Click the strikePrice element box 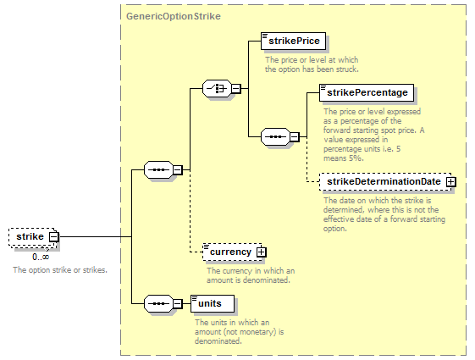[x=293, y=41]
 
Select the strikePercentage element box [x=367, y=92]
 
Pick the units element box [x=213, y=303]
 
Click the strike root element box [x=33, y=237]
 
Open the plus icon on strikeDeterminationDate [x=450, y=182]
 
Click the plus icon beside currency [x=261, y=252]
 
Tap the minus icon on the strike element [x=54, y=236]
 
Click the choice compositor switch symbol [x=217, y=89]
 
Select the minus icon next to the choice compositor [x=236, y=89]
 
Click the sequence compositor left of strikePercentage [x=275, y=137]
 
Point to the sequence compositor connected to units [x=158, y=303]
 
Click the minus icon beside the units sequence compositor [x=178, y=303]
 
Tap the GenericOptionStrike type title [x=174, y=16]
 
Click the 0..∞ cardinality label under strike [x=41, y=257]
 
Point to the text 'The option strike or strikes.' [x=60, y=270]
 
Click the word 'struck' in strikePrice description [x=347, y=69]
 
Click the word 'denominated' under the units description [x=218, y=341]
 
